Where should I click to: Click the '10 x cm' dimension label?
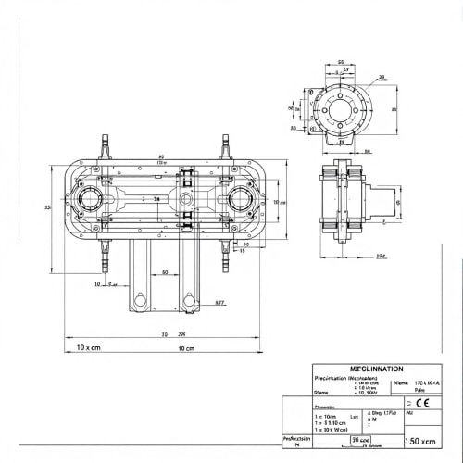(x=88, y=348)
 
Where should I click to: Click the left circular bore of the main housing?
(x=93, y=199)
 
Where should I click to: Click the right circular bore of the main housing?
(x=244, y=199)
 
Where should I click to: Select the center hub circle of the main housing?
(x=186, y=199)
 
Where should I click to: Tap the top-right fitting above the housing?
(x=224, y=146)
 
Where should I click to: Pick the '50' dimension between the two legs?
(x=165, y=273)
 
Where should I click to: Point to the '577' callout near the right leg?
(x=220, y=302)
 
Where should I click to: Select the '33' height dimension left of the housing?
(x=47, y=207)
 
